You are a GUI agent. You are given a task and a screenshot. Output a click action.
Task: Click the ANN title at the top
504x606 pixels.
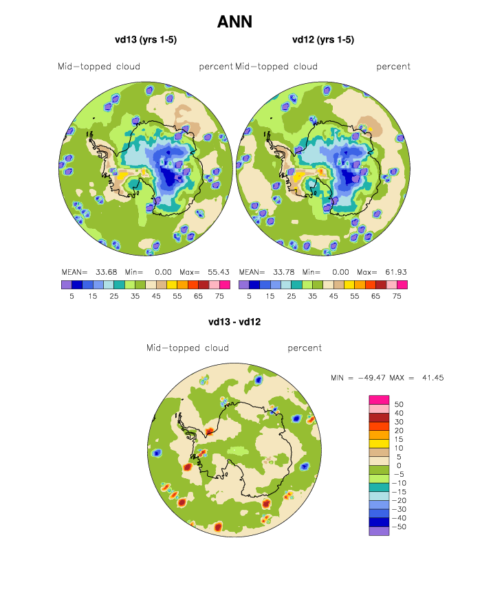click(234, 22)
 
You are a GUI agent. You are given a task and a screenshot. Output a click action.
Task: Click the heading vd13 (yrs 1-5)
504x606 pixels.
click(146, 40)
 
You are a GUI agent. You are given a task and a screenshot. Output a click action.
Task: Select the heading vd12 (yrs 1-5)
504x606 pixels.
click(323, 40)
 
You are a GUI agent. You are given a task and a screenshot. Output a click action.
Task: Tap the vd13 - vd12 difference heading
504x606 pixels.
click(234, 321)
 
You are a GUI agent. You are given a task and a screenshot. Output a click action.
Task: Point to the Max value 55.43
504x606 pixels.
click(217, 271)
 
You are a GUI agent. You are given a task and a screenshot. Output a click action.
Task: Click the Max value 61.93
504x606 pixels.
click(395, 271)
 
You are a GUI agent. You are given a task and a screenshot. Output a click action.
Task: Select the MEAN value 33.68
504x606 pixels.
click(107, 271)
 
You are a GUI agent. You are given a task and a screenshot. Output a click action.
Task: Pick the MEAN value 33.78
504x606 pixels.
click(284, 271)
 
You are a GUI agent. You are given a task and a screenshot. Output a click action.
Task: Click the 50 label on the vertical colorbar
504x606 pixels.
click(399, 404)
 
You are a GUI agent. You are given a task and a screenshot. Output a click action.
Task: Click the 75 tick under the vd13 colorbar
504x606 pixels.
click(219, 295)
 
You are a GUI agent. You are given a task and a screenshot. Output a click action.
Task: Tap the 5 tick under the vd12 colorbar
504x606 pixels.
click(249, 295)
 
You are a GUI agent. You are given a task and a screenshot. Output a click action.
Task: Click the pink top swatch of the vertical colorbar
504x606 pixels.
click(379, 400)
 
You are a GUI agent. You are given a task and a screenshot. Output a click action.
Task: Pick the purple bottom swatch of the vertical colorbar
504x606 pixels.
click(379, 531)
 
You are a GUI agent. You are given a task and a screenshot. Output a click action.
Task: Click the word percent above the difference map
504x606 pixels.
click(305, 348)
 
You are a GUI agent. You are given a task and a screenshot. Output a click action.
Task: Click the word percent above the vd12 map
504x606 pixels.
click(393, 67)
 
